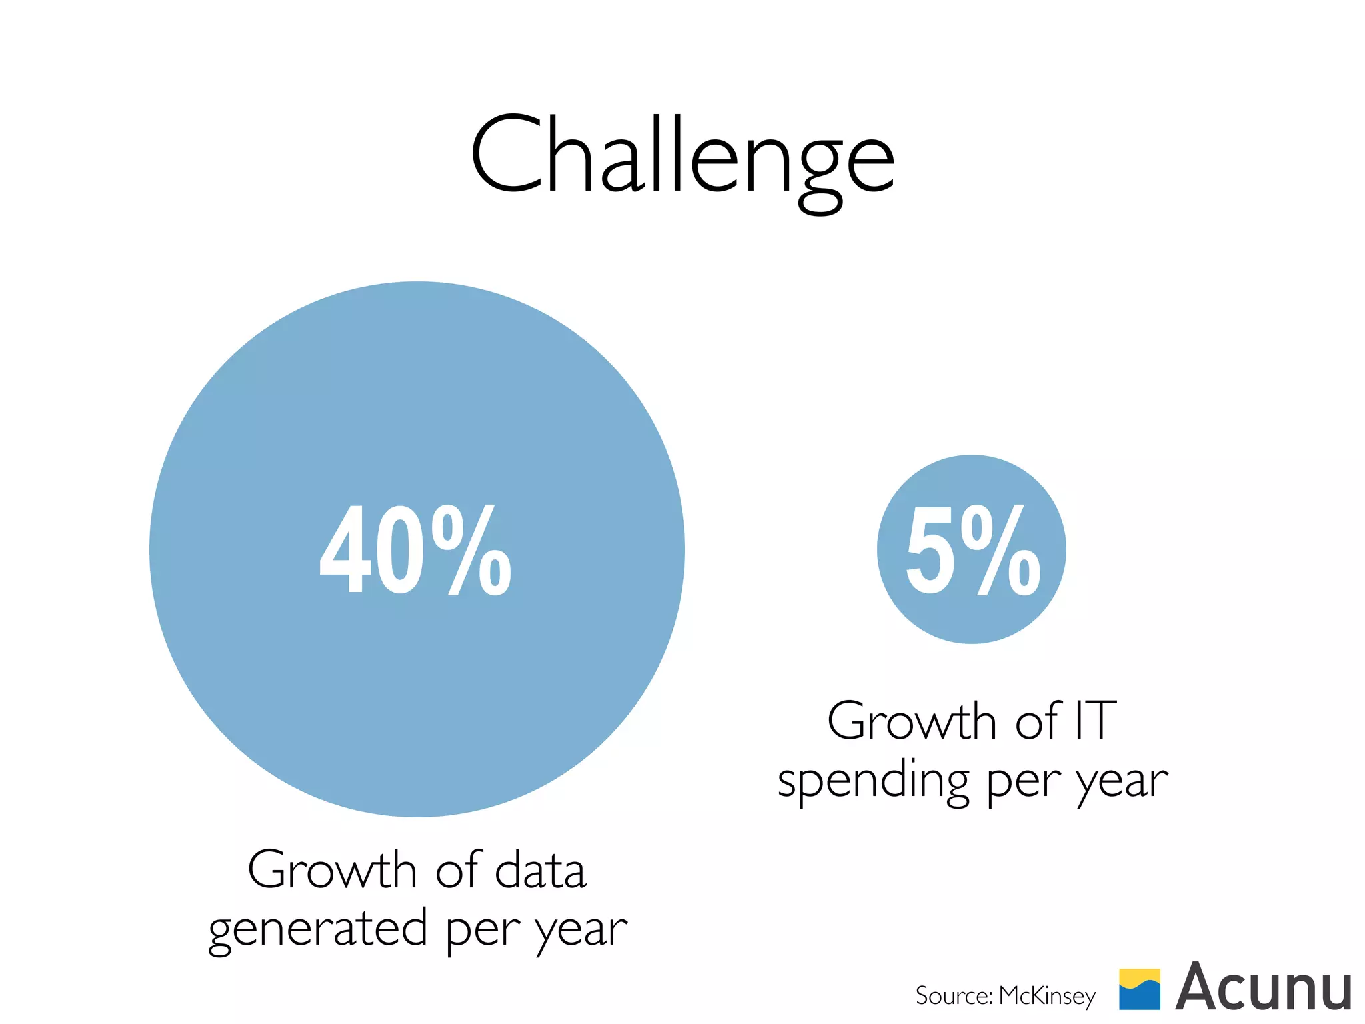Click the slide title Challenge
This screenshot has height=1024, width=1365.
click(x=682, y=157)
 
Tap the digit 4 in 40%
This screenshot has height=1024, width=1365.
click(x=344, y=550)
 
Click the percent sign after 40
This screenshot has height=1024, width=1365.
click(x=471, y=550)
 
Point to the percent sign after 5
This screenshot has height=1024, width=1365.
click(x=1005, y=550)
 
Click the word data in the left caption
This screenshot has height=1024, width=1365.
click(x=540, y=870)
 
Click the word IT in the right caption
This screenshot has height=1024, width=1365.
click(x=1095, y=721)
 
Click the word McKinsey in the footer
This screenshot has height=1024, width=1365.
click(x=1047, y=995)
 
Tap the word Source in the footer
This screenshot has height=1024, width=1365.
click(x=953, y=995)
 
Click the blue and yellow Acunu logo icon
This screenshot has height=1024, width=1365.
click(x=1140, y=989)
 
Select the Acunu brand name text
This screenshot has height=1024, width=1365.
click(x=1264, y=988)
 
